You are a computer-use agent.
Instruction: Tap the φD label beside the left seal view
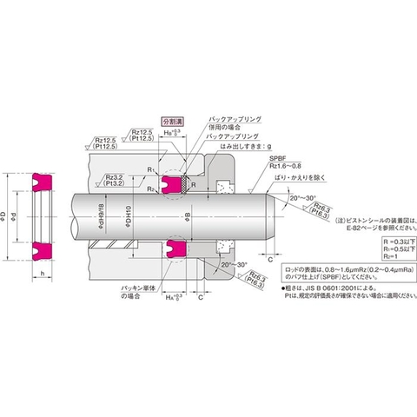click(8, 214)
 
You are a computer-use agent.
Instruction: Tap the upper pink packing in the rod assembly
click(174, 183)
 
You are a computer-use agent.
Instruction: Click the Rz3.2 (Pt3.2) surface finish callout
click(115, 179)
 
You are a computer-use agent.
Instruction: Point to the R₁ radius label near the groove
click(149, 171)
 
